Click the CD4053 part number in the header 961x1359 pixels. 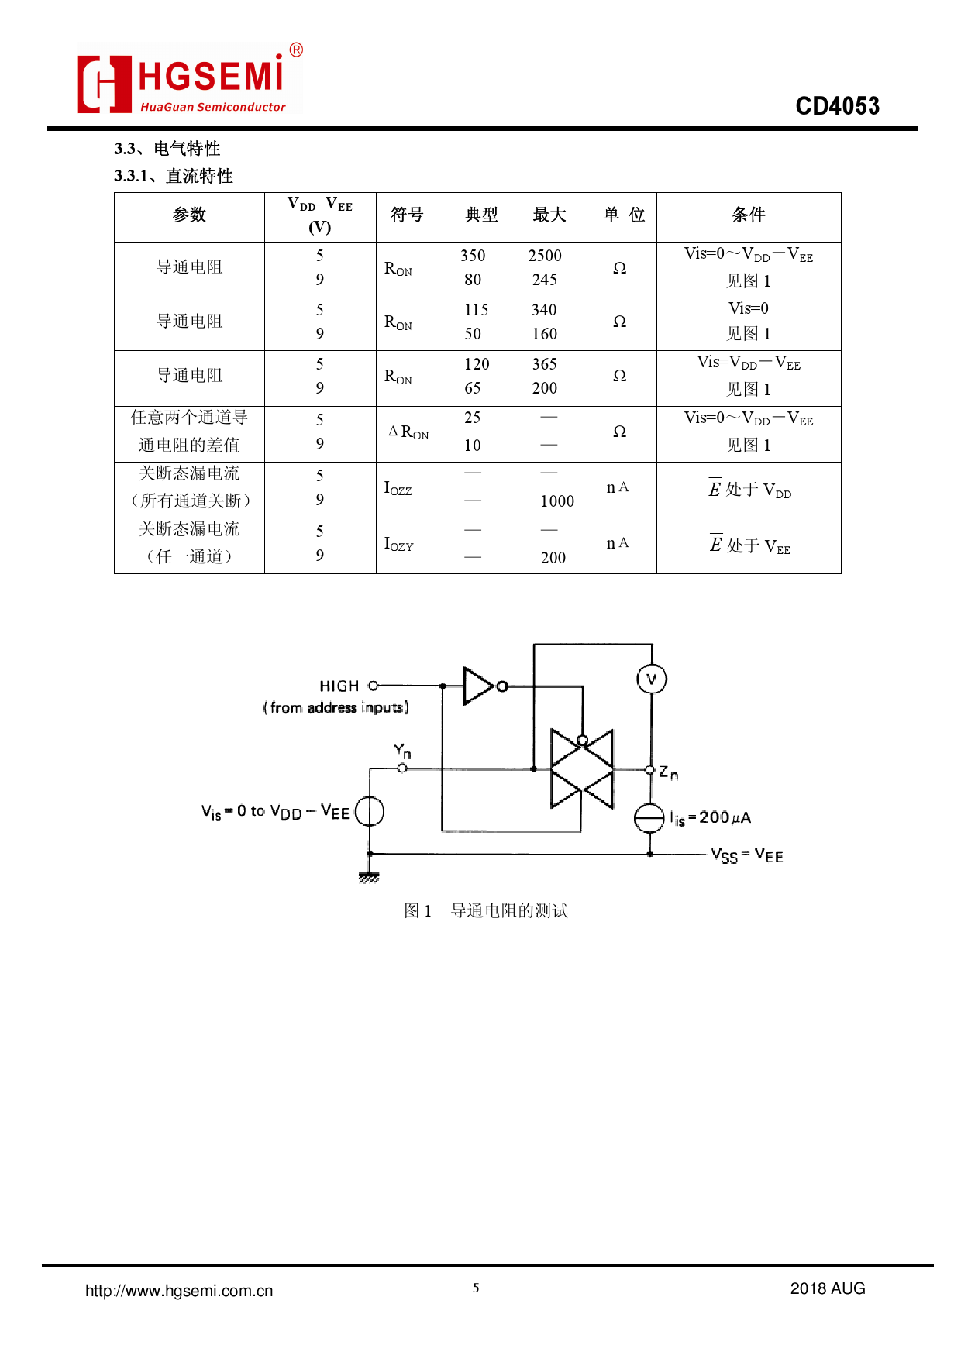click(x=837, y=106)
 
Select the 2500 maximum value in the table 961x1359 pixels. click(x=545, y=256)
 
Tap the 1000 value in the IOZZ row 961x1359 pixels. click(x=557, y=501)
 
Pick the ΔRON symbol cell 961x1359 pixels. click(x=408, y=432)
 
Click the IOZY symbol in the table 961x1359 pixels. click(x=398, y=544)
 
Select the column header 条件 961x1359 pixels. click(x=748, y=215)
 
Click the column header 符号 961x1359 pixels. click(x=407, y=215)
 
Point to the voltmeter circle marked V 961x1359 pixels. click(x=651, y=679)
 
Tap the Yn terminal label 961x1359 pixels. click(x=401, y=750)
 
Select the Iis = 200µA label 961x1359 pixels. click(x=710, y=818)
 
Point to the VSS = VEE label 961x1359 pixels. click(x=747, y=855)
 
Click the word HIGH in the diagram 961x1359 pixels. click(x=339, y=686)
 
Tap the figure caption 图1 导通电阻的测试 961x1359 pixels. click(x=486, y=910)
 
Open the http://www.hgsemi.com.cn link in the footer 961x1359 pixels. click(x=179, y=1291)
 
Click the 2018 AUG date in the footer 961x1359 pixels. click(x=827, y=1288)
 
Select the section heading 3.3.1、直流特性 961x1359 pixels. click(x=174, y=176)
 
